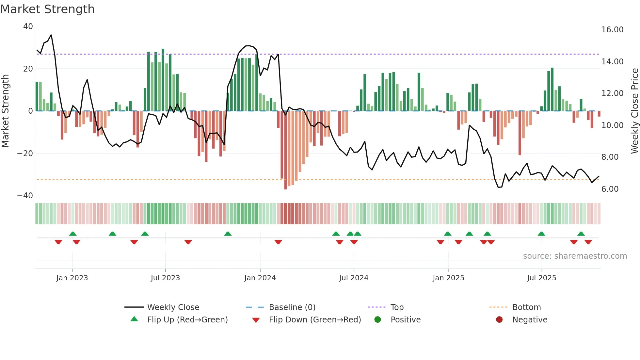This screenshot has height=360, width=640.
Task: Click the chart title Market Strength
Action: coord(47,9)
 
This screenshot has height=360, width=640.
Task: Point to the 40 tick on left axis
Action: coord(28,26)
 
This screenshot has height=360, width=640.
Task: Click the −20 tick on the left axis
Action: coord(25,154)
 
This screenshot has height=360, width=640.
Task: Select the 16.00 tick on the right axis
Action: coord(612,30)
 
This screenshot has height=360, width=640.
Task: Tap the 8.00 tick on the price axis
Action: coord(610,157)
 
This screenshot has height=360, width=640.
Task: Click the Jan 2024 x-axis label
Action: coord(260,278)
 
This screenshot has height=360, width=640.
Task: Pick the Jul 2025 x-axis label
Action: coord(541,278)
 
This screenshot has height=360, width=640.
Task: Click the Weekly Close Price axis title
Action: coord(634,111)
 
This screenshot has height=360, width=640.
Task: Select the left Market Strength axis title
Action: coord(5,111)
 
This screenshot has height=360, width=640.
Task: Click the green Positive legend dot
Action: coord(377,320)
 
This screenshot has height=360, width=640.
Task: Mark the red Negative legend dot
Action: coord(499,320)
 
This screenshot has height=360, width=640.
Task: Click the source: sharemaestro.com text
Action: coord(575,256)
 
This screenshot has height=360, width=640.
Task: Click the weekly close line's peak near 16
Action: coord(51,35)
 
